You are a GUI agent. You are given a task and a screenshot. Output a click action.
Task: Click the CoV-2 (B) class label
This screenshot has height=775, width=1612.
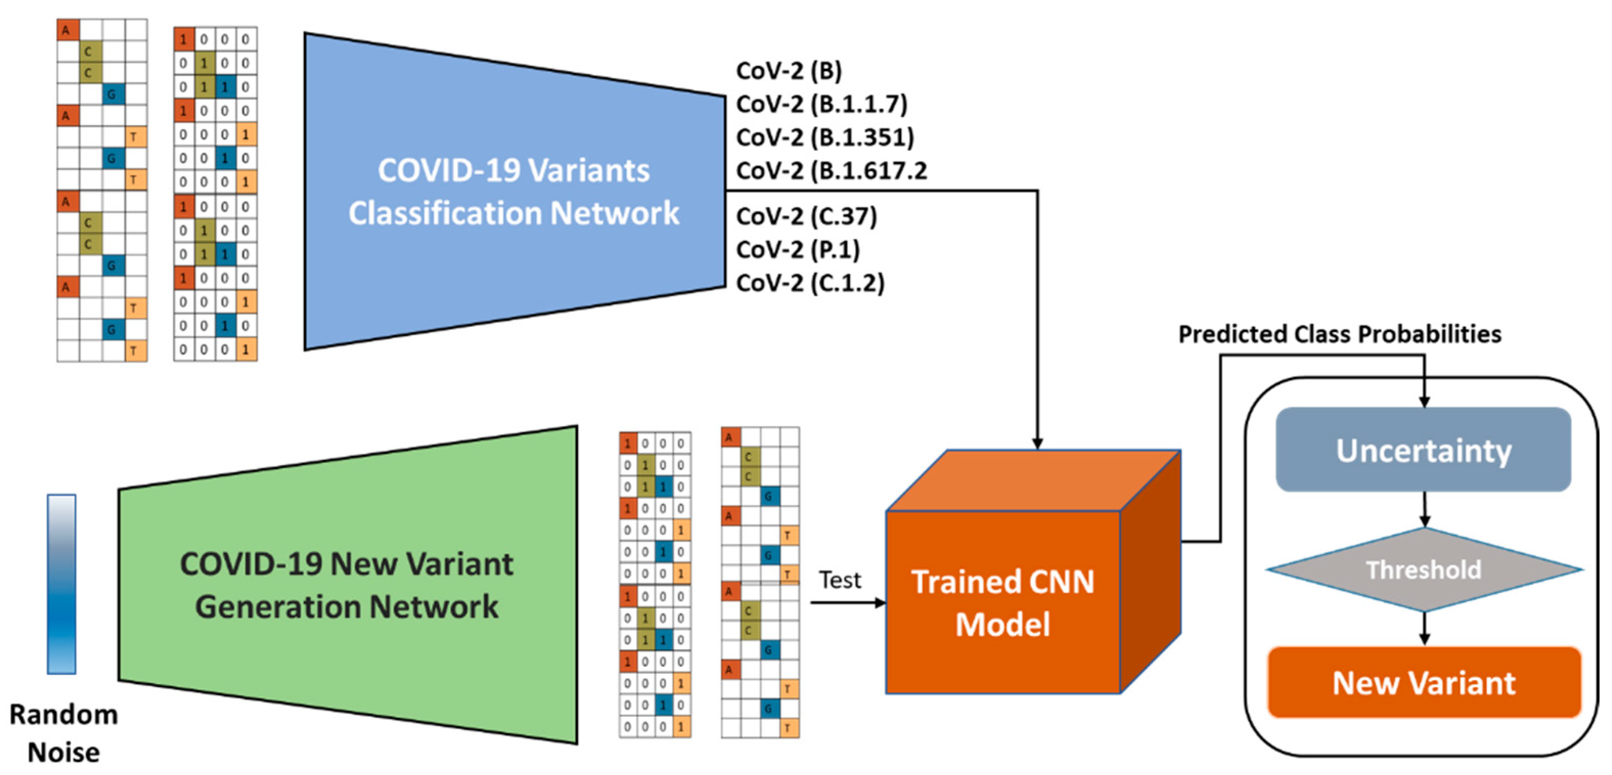pos(788,71)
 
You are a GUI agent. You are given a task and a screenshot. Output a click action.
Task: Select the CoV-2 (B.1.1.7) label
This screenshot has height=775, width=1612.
pos(821,104)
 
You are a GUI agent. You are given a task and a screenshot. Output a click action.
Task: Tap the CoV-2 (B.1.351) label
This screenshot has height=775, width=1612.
pos(825,137)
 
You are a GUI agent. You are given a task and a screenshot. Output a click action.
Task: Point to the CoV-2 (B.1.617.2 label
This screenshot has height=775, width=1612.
pos(831,170)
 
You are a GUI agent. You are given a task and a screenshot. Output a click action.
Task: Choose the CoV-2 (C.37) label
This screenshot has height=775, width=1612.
pos(806,217)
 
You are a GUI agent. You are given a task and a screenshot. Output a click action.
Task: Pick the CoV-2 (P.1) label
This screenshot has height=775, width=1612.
pos(798,250)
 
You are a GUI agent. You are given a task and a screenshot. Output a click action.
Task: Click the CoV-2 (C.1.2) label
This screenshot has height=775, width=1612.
pos(810,283)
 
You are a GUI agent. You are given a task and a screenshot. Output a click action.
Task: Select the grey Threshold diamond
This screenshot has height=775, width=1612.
pos(1424,570)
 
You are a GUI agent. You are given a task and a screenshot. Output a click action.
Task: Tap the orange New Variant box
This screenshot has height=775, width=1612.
pos(1424,683)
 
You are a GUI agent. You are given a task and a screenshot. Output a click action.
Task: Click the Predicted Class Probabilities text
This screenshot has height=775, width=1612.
pos(1339,334)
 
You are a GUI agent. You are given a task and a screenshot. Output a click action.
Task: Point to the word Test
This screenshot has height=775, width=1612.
pos(840,580)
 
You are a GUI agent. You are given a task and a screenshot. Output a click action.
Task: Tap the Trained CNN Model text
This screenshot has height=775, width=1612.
pos(1003,603)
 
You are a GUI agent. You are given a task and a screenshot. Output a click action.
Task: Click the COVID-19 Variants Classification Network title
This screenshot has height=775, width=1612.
pos(513,192)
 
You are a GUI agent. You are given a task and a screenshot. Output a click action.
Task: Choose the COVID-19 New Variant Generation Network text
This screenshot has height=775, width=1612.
pos(347,585)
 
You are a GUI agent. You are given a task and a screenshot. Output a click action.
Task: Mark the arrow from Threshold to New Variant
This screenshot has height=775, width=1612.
pos(1424,628)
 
